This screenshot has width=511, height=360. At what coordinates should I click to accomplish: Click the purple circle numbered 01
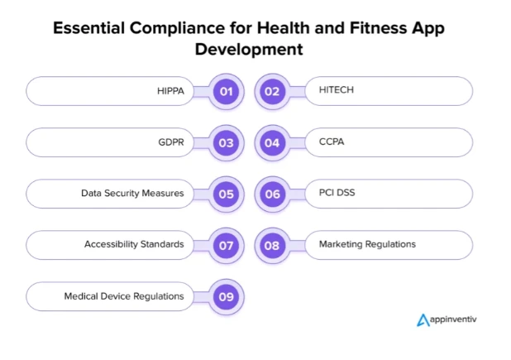[x=225, y=91]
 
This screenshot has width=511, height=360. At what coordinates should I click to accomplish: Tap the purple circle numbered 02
[x=271, y=91]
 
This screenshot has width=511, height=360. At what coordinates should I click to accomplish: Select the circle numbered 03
[x=225, y=142]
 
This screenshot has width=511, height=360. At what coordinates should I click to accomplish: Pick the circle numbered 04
[x=271, y=142]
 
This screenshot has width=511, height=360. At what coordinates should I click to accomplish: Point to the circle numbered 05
[x=225, y=194]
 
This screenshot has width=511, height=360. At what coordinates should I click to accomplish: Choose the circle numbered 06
[x=271, y=194]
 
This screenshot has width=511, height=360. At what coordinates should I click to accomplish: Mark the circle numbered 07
[x=225, y=245]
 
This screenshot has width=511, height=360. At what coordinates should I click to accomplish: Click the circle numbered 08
[x=271, y=245]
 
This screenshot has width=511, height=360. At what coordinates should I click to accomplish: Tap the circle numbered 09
[x=225, y=296]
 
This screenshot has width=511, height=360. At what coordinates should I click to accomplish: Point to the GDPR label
[x=170, y=142]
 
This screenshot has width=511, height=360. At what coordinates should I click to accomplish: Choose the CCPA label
[x=332, y=142]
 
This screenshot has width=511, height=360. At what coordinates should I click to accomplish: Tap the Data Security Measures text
[x=132, y=193]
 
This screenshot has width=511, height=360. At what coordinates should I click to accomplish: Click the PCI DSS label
[x=337, y=193]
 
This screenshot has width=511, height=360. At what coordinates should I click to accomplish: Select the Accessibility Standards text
[x=134, y=244]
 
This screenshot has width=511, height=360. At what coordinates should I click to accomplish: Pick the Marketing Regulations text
[x=367, y=244]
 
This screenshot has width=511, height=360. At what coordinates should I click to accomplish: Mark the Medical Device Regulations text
[x=124, y=295]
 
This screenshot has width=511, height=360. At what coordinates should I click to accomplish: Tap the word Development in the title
[x=249, y=49]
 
